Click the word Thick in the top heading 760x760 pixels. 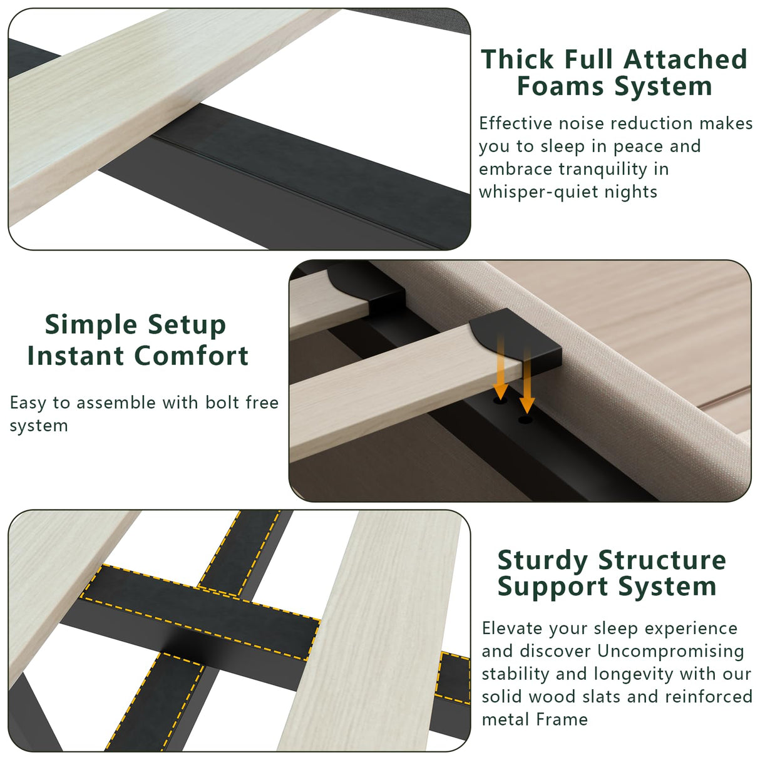(x=518, y=59)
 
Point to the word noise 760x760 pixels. (x=582, y=123)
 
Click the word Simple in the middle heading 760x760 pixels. (x=91, y=325)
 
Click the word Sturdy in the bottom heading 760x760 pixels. (x=542, y=560)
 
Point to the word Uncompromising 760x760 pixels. (x=670, y=651)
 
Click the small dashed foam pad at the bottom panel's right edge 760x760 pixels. (x=454, y=678)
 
